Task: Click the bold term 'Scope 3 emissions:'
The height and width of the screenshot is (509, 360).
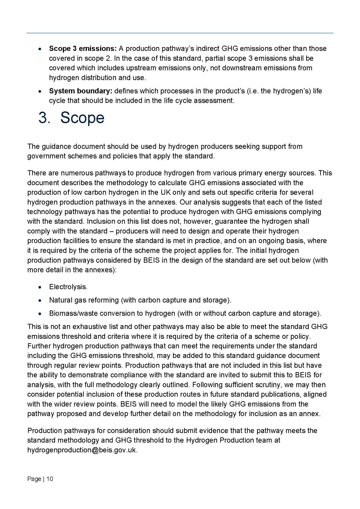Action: tap(83, 49)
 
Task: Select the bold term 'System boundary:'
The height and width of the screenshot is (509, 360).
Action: tap(81, 91)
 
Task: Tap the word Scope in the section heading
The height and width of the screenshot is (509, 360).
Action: tap(82, 118)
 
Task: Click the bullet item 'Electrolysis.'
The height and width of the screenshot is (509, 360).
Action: tap(68, 287)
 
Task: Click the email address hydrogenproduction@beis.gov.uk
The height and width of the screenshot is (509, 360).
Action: tap(82, 450)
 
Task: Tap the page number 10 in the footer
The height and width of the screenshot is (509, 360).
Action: tap(50, 479)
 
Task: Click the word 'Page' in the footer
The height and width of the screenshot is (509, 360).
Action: tap(34, 479)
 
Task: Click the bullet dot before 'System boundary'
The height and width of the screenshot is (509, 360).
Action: tap(39, 91)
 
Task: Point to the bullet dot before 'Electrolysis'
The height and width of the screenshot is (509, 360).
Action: tap(39, 287)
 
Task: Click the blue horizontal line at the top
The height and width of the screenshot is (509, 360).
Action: tap(180, 33)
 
